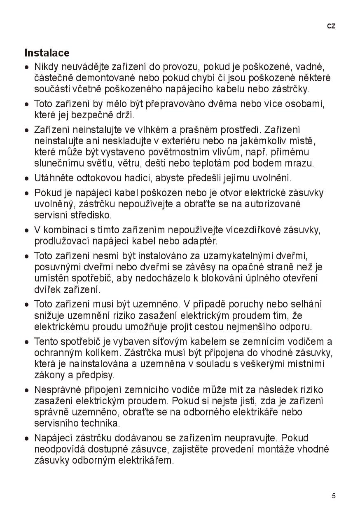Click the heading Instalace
point(47,53)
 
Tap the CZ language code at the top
point(331,26)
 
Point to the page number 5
point(334,496)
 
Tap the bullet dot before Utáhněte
point(27,179)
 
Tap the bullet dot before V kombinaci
point(27,230)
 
